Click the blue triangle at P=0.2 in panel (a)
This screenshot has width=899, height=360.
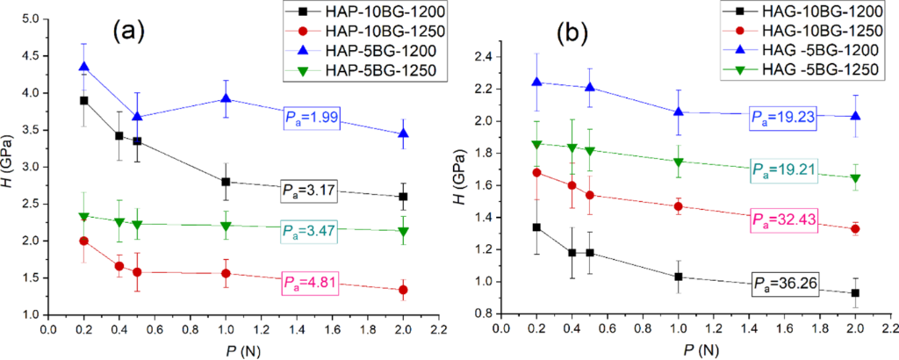pos(84,67)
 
